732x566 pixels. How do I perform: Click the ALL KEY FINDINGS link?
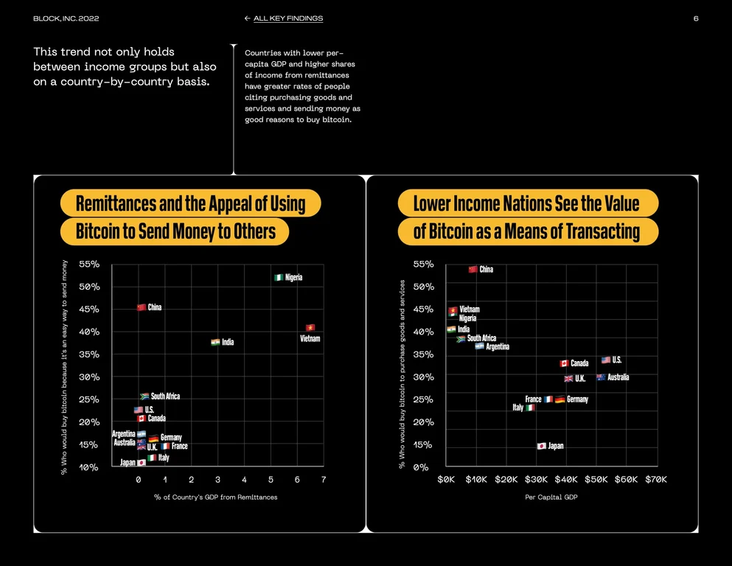point(288,18)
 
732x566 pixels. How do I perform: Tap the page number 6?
point(696,18)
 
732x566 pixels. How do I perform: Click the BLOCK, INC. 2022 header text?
point(66,18)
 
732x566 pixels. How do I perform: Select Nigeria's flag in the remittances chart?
point(279,277)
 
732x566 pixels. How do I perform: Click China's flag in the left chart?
point(142,307)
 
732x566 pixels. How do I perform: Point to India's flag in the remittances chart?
point(215,342)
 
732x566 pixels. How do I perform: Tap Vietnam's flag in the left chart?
point(310,327)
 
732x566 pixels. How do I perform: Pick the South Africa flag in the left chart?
point(144,396)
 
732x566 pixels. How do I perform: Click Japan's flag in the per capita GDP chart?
point(542,446)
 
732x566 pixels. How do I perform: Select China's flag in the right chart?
point(473,269)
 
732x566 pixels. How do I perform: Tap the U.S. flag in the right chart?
point(606,360)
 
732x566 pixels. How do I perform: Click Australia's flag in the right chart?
point(601,377)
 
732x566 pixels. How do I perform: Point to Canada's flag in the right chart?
point(564,363)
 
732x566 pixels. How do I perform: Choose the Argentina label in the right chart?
point(498,346)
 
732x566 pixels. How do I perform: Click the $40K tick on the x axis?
point(566,479)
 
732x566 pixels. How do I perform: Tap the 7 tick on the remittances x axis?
point(324,480)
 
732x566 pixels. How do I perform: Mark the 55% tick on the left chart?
point(89,264)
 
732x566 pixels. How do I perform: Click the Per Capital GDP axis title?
point(551,497)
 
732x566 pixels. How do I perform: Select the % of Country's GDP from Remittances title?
point(216,497)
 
